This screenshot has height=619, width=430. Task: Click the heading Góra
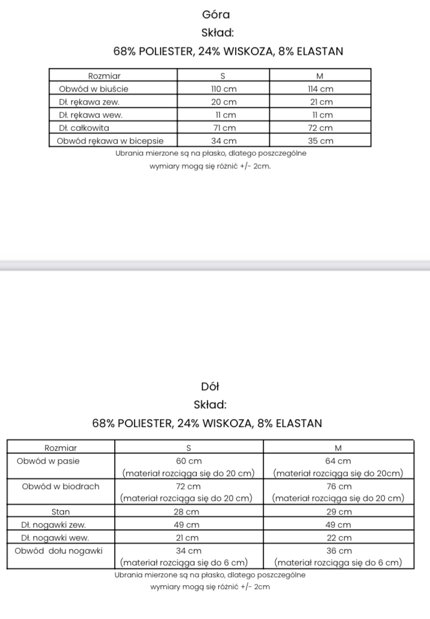pyautogui.click(x=215, y=15)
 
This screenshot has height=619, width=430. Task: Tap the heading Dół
pyautogui.click(x=210, y=387)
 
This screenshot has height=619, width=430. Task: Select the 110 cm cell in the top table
pyautogui.click(x=223, y=89)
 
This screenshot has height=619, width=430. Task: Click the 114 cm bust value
pyautogui.click(x=320, y=89)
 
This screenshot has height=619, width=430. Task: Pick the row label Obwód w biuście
pyautogui.click(x=94, y=89)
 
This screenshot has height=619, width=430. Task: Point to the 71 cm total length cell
pyautogui.click(x=223, y=128)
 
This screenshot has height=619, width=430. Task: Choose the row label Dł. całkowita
pyautogui.click(x=84, y=128)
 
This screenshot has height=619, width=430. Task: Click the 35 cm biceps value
pyautogui.click(x=320, y=141)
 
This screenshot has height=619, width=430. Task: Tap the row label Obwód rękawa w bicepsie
pyautogui.click(x=111, y=141)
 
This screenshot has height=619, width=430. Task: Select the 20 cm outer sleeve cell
pyautogui.click(x=223, y=102)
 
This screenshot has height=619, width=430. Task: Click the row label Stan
pyautogui.click(x=60, y=512)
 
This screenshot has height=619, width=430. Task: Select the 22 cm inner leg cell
pyautogui.click(x=338, y=538)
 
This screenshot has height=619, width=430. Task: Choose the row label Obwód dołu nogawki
pyautogui.click(x=59, y=551)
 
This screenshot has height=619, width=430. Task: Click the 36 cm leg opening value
pyautogui.click(x=338, y=551)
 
